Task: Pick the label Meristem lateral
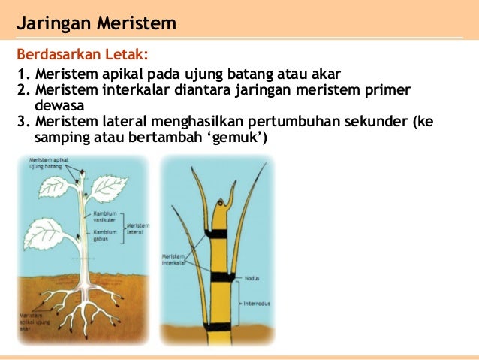point(137,228)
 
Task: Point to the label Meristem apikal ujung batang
point(46,163)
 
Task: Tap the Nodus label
point(252,277)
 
